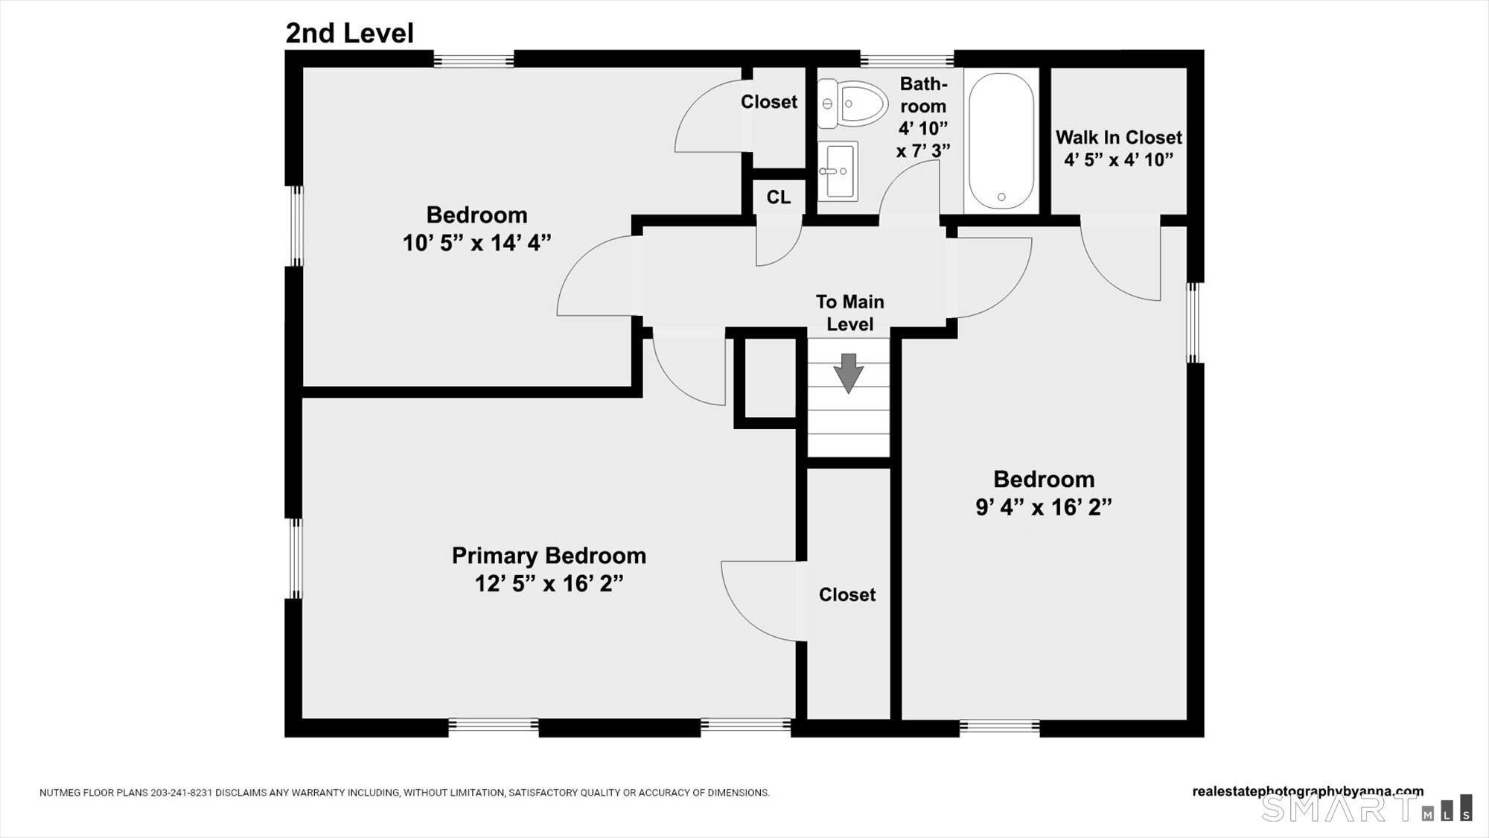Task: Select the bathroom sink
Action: point(838,171)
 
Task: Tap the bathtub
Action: point(1001,141)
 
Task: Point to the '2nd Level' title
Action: point(349,34)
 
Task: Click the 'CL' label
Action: point(779,197)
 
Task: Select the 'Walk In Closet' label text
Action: point(1118,138)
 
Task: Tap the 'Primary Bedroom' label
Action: point(549,556)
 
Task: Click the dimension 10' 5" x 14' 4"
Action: point(476,243)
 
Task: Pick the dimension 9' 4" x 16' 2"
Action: point(1044,507)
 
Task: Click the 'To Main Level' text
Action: point(849,313)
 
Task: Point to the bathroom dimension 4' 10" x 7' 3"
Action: point(923,139)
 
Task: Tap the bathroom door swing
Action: point(909,191)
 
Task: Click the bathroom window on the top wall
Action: point(907,59)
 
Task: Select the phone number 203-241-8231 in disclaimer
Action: point(182,793)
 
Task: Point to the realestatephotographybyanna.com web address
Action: point(1307,792)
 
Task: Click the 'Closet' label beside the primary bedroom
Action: point(847,595)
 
